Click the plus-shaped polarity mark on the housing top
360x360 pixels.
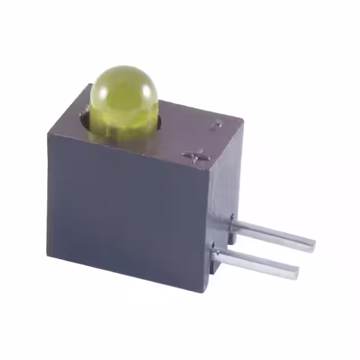(x=193, y=155)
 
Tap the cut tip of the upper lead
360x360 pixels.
(x=311, y=245)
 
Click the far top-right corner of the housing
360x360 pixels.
(x=242, y=120)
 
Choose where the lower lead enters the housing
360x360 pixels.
(x=217, y=254)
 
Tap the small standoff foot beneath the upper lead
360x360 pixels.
(x=231, y=239)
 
